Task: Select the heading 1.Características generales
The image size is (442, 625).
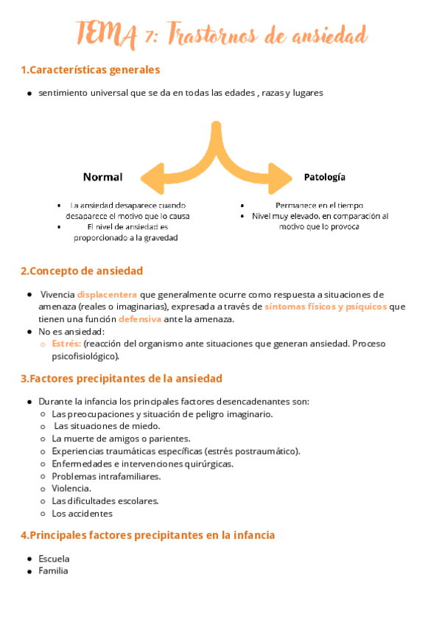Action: (x=91, y=70)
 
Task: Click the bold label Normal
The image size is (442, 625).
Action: (x=102, y=177)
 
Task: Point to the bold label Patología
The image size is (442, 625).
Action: (x=325, y=177)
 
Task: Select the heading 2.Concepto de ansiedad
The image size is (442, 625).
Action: (x=82, y=270)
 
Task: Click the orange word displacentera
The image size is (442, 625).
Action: (x=107, y=294)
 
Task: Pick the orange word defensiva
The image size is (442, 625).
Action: (x=140, y=318)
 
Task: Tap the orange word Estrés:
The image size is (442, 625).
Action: (x=67, y=343)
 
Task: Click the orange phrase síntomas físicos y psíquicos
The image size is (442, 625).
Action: (x=326, y=307)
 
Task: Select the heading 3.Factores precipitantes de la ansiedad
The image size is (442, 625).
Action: (x=122, y=379)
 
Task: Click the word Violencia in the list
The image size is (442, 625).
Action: (x=71, y=488)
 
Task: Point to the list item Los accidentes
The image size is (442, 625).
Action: (x=83, y=513)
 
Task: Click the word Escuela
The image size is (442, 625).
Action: (x=54, y=559)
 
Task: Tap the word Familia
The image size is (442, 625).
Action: (x=53, y=570)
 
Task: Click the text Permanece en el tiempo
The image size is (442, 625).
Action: (x=319, y=205)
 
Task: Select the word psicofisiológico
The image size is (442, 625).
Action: (x=85, y=356)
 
